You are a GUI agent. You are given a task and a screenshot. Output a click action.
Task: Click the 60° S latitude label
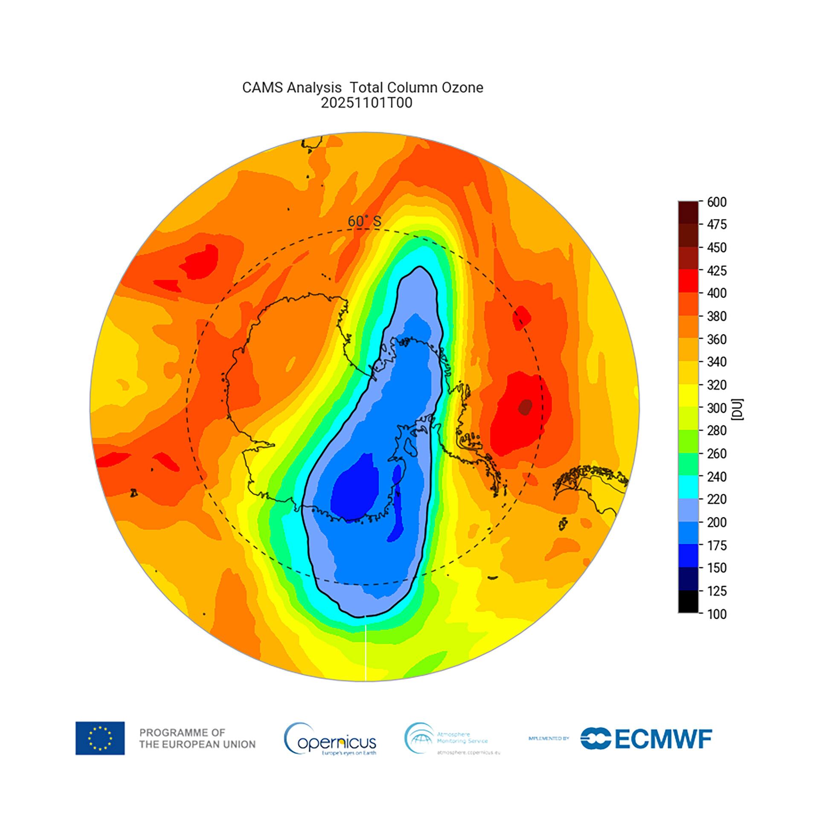click(364, 221)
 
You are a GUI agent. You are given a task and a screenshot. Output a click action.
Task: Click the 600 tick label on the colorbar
click(716, 202)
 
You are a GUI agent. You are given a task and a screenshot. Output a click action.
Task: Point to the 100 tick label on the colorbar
click(716, 614)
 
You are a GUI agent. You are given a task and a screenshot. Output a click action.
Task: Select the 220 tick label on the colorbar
click(716, 499)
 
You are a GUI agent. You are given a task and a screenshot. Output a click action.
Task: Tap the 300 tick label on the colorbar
click(716, 408)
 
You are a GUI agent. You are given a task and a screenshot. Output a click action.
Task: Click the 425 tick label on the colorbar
click(716, 270)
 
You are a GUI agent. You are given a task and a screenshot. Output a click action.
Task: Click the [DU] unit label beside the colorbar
click(737, 410)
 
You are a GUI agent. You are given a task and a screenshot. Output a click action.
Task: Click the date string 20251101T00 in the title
click(366, 103)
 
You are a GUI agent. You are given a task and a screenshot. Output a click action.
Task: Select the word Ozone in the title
click(462, 87)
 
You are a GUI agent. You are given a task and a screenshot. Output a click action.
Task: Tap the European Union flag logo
click(100, 738)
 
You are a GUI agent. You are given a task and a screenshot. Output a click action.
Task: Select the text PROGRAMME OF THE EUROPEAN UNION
click(197, 739)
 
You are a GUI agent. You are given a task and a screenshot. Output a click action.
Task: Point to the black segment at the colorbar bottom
click(688, 602)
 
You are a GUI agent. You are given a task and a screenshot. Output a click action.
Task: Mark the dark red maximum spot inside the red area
click(525, 406)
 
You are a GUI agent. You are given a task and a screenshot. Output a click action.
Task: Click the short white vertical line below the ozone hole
click(366, 653)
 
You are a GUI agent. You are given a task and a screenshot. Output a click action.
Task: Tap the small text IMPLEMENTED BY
click(549, 738)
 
